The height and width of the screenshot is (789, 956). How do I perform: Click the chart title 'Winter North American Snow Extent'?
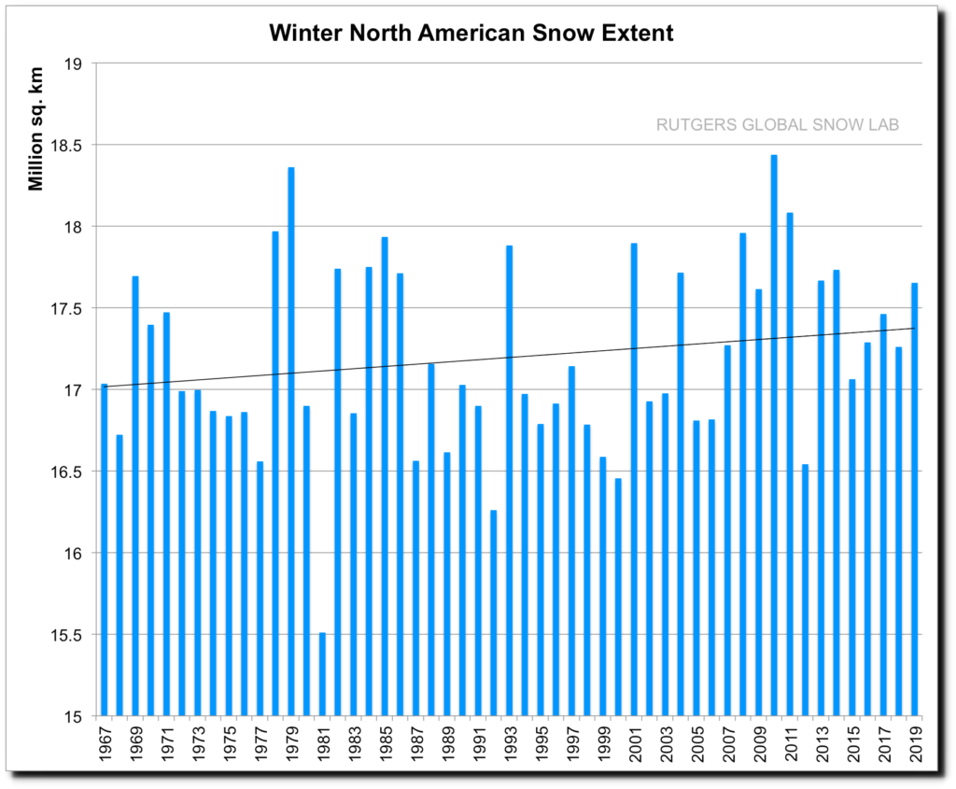471,34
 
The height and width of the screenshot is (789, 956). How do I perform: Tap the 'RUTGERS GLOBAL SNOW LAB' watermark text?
776,125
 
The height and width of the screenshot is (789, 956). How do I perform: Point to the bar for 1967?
105,550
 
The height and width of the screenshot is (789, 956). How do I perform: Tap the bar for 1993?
510,481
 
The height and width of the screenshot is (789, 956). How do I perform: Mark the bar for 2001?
634,480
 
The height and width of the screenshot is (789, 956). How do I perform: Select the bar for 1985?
385,476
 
